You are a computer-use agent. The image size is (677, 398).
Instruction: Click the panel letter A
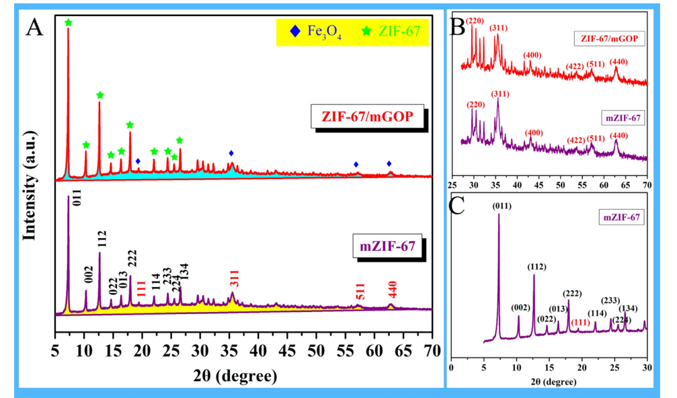[34, 28]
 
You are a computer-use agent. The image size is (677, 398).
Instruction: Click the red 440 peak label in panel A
[392, 290]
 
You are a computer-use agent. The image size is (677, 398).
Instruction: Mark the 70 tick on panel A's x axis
[431, 350]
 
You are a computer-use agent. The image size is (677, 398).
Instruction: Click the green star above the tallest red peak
[68, 24]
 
